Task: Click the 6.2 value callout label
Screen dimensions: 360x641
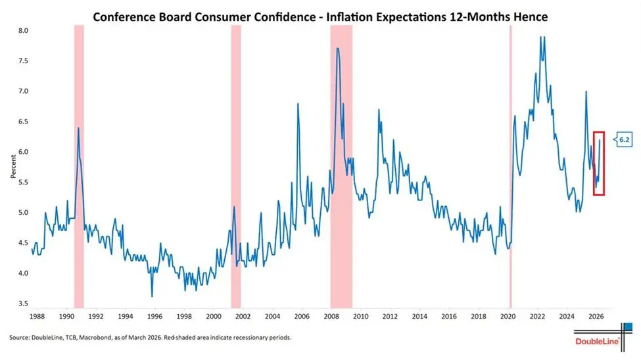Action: pyautogui.click(x=623, y=139)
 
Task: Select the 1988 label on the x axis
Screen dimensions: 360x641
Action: pyautogui.click(x=37, y=317)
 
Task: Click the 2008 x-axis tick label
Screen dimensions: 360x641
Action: pyautogui.click(x=331, y=317)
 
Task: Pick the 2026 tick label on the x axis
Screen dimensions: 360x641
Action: pyautogui.click(x=596, y=317)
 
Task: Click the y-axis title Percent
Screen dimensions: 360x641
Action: pyautogui.click(x=13, y=168)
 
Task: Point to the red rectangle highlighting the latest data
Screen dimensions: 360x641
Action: pyautogui.click(x=598, y=164)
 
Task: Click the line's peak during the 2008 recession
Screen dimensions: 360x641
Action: pyautogui.click(x=337, y=49)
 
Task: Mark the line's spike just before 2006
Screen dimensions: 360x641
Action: pyautogui.click(x=298, y=104)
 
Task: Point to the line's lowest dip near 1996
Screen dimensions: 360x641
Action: pyautogui.click(x=152, y=296)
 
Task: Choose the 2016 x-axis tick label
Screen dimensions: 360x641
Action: pyautogui.click(x=449, y=317)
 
